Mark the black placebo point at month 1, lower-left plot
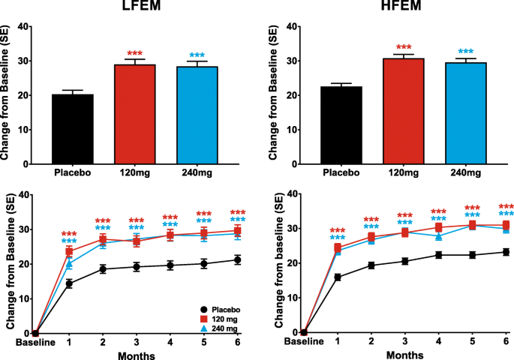pos(69,283)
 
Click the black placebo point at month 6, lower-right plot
pos(506,253)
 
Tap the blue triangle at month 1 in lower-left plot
pos(69,264)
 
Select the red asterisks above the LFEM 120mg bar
pos(134,54)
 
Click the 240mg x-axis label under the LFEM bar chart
pos(197,172)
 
